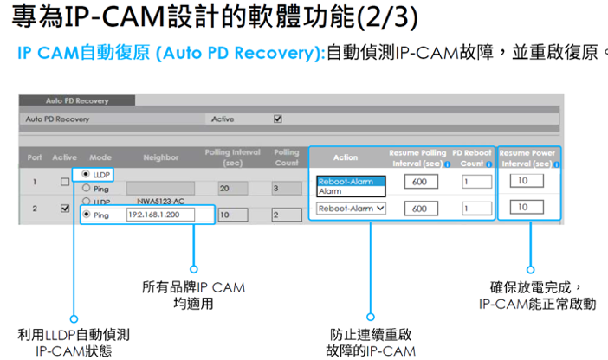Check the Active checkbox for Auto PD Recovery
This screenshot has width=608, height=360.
click(x=278, y=119)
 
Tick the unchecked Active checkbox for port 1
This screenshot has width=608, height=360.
click(x=65, y=182)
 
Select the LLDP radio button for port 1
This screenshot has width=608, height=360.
click(x=86, y=175)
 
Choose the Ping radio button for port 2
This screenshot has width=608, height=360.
click(x=86, y=214)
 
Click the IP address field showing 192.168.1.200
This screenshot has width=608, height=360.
click(x=159, y=214)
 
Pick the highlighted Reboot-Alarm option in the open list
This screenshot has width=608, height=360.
click(x=349, y=182)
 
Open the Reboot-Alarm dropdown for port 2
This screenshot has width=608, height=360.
click(x=350, y=209)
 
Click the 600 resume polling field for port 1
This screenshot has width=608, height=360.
click(x=419, y=182)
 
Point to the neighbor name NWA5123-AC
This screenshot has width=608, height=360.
click(x=162, y=201)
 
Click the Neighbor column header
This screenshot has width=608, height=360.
click(x=161, y=157)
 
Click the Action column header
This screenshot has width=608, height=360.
click(x=346, y=157)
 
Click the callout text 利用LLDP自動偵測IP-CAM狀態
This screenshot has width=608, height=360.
click(x=74, y=342)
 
